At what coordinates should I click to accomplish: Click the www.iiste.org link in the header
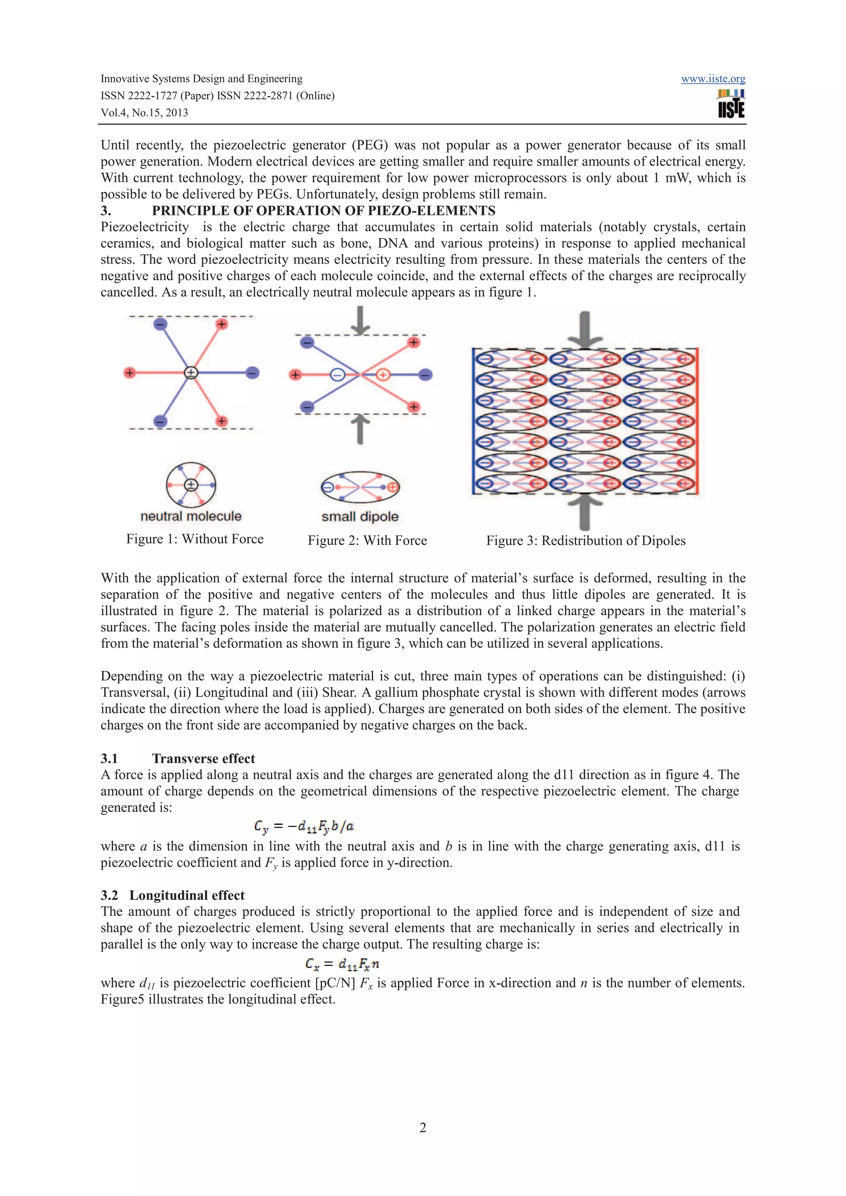(x=713, y=79)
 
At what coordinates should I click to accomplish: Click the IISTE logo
(x=731, y=104)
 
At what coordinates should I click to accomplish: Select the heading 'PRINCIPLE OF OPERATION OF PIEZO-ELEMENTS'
(x=323, y=210)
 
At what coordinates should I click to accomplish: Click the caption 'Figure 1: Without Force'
(x=195, y=539)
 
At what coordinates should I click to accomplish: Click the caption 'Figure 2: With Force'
(x=367, y=540)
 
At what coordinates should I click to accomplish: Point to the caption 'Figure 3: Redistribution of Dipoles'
(x=585, y=540)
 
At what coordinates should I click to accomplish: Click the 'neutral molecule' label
(x=191, y=516)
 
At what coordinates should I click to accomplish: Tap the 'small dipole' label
(x=360, y=517)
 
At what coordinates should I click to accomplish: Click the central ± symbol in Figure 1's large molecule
(x=191, y=372)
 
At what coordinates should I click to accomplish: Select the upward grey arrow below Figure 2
(x=360, y=429)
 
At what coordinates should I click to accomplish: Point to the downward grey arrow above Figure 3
(x=585, y=328)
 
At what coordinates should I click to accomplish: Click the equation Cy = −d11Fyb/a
(x=304, y=826)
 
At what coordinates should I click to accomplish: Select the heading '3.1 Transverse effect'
(x=178, y=759)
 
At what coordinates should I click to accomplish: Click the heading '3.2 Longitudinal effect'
(x=173, y=895)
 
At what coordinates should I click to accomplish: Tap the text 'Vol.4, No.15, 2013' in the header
(x=145, y=113)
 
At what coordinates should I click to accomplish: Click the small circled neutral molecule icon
(x=191, y=485)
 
